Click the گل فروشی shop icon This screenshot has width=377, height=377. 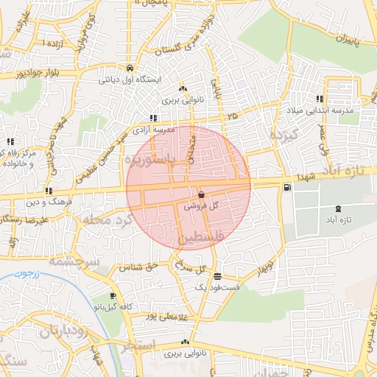201,196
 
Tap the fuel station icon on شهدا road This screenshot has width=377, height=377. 286,187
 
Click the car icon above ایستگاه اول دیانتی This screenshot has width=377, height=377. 130,65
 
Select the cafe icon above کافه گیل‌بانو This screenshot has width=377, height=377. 113,295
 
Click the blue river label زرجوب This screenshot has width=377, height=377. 24,275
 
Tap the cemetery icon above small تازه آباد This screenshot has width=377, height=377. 338,209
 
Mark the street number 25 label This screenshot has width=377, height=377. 233,116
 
